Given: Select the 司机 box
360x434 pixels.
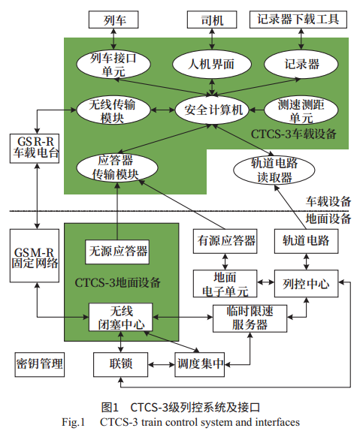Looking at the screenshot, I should click(216, 19).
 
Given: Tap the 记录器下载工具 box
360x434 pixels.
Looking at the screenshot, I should click(304, 19).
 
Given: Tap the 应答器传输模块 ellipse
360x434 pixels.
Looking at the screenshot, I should click(119, 167).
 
